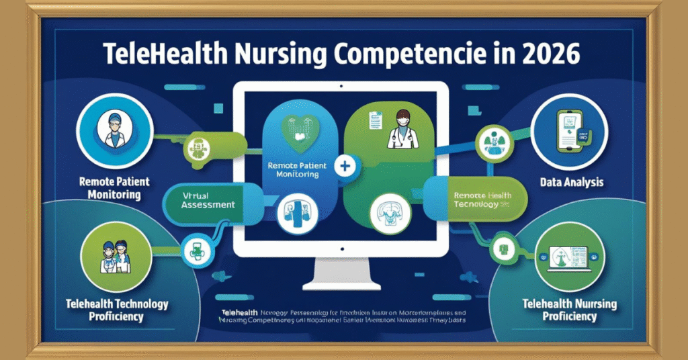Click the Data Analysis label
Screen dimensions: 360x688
click(x=571, y=182)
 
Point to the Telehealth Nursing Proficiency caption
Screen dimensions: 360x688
click(x=569, y=310)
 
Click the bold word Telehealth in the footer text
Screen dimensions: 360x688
click(x=239, y=313)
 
